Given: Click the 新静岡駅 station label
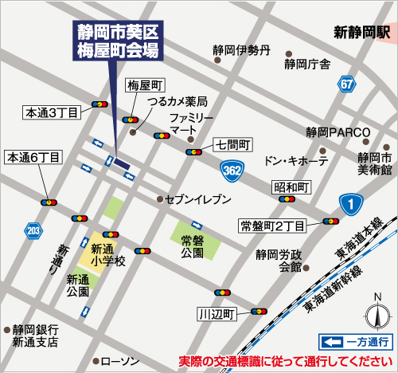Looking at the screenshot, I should point(361,33).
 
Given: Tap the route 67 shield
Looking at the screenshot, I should point(345,84).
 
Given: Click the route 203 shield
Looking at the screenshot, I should point(33,231).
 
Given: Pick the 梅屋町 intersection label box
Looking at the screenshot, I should point(146,84).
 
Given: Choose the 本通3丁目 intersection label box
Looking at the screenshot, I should point(51,113).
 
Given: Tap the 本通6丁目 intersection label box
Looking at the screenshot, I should point(33,158).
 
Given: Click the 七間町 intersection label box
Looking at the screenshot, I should point(233,145).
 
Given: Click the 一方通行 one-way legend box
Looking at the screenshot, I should point(355,342).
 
